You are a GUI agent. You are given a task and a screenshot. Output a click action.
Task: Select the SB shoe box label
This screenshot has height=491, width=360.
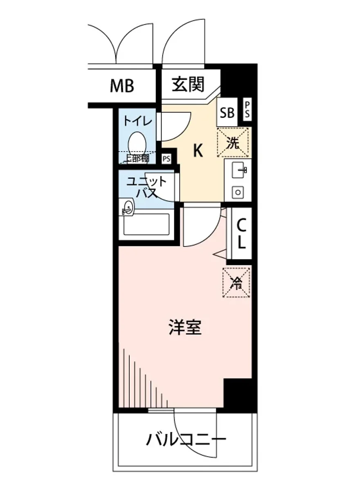227,112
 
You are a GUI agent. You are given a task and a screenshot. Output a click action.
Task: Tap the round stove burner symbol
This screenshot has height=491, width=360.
237,191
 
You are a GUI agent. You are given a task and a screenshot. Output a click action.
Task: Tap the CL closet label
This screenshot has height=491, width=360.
241,234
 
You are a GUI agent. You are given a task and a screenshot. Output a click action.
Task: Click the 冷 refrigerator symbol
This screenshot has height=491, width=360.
236,283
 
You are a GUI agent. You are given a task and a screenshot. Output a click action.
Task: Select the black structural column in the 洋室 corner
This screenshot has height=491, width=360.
238,393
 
